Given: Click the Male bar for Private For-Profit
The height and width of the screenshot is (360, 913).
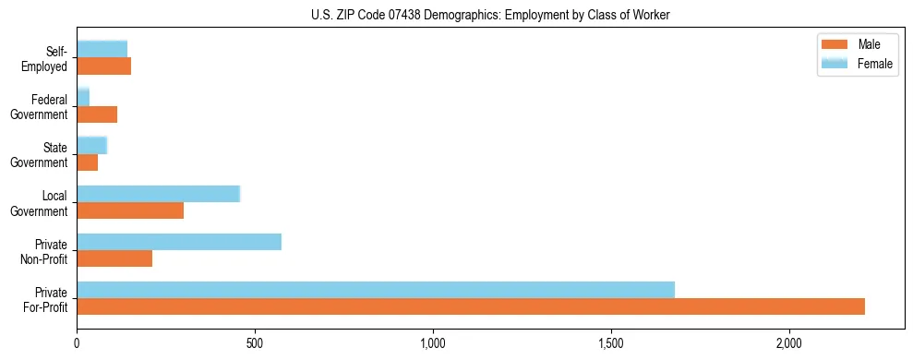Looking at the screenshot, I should [x=471, y=306].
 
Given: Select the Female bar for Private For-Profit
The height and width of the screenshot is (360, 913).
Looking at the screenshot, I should [x=376, y=290].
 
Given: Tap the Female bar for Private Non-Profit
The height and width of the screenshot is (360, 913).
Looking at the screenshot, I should [x=179, y=242].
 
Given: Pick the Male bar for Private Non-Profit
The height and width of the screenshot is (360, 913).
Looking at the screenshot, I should [x=114, y=258].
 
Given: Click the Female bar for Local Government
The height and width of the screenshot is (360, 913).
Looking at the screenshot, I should [x=158, y=194].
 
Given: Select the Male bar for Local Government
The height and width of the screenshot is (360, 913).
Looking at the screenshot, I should [x=130, y=210].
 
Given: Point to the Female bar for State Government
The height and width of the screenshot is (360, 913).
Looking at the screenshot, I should [x=92, y=145].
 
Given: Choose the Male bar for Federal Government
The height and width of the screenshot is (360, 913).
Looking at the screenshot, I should [x=97, y=114].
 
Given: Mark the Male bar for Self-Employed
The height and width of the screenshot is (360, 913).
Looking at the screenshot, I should [x=104, y=66].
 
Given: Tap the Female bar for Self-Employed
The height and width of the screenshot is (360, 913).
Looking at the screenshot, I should [x=102, y=50].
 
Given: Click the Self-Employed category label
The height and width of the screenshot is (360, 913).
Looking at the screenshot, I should [x=48, y=59].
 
